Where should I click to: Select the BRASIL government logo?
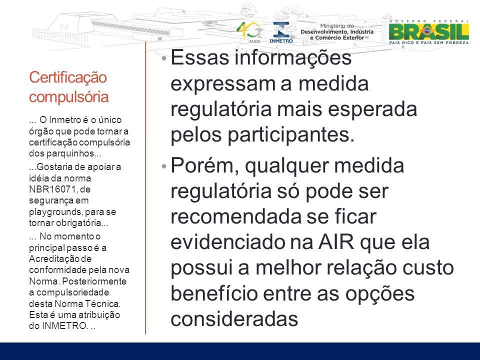tap(429, 32)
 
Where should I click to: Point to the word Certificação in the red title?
tap(67, 77)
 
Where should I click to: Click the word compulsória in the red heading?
tap(69, 96)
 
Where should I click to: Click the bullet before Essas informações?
tap(164, 58)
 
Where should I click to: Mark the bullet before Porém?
tap(164, 166)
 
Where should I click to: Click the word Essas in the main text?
tap(199, 57)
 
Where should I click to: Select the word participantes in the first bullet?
tap(291, 134)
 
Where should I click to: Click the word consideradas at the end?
tap(234, 318)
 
